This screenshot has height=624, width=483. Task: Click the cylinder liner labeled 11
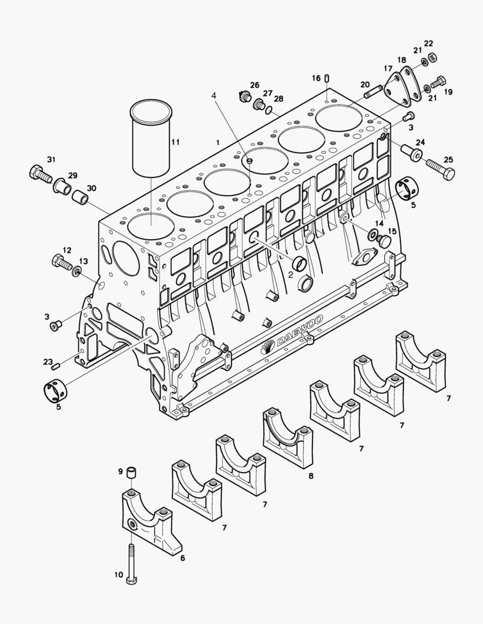[152, 138]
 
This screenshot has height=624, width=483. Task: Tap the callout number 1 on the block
[218, 142]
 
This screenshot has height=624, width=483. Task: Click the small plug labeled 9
[131, 473]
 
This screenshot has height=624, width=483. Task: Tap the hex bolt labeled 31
[40, 174]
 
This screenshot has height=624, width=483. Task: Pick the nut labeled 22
[431, 55]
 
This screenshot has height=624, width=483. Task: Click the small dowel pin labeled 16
[327, 79]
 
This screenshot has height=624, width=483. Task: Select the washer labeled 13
[76, 272]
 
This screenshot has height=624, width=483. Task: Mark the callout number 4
[214, 96]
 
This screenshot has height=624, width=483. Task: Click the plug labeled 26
[244, 96]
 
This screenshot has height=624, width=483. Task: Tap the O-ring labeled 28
[270, 109]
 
